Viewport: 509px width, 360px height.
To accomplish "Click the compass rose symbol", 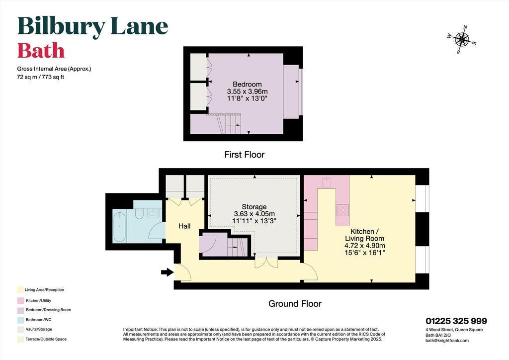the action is [x=462, y=40].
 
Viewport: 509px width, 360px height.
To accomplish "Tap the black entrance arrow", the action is [x=168, y=272].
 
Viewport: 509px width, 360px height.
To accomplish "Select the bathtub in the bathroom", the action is [x=119, y=227].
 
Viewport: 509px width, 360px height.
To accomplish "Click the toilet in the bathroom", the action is [x=139, y=214].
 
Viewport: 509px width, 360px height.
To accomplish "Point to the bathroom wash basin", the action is [x=153, y=213].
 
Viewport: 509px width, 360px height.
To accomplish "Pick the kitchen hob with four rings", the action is [x=343, y=210].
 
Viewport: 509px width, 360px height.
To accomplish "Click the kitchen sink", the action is [x=326, y=182].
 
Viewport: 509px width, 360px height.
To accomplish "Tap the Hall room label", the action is [x=184, y=226].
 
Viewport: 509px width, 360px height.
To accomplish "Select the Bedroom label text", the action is [x=247, y=85].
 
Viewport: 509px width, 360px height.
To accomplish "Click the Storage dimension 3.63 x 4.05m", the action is [x=254, y=214].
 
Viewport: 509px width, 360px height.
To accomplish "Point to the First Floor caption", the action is [x=245, y=155].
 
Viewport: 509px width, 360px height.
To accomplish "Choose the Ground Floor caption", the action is [x=295, y=303].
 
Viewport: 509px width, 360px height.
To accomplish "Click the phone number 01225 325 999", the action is [x=456, y=321].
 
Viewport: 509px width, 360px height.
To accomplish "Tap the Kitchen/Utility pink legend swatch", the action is [x=20, y=301].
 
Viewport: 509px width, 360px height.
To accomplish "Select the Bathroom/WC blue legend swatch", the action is [x=20, y=320].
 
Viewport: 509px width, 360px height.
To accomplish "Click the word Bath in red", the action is [x=41, y=51].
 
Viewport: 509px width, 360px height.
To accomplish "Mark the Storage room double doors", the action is [x=266, y=262].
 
